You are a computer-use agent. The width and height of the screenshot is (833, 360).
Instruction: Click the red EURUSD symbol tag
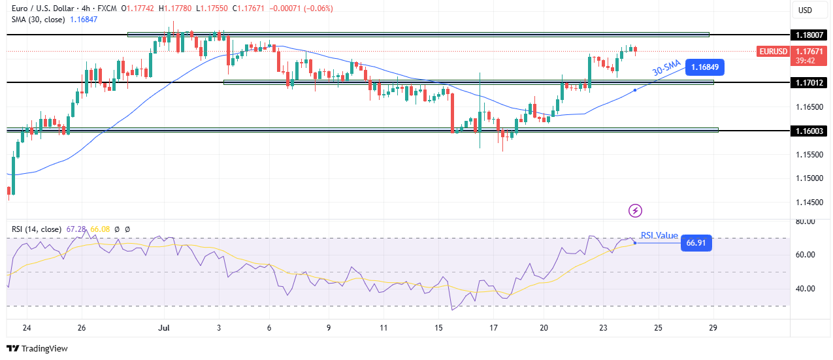773,51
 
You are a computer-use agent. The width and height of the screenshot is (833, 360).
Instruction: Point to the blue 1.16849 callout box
705,67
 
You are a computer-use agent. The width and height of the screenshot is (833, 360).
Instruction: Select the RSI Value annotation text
659,235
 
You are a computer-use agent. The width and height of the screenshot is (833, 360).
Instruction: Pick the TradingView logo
37,349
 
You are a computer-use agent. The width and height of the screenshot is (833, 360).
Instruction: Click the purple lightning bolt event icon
635,210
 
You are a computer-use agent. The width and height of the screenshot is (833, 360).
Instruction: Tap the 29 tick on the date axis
713,327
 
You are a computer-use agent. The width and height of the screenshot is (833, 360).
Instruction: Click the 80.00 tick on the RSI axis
805,221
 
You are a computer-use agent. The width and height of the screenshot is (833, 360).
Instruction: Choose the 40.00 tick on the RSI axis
805,289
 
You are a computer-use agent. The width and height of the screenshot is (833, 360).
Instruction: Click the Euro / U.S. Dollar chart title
50,8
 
